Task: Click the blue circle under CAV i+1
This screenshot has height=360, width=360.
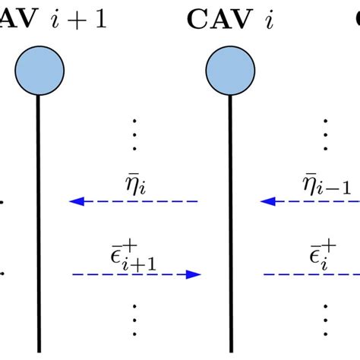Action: pyautogui.click(x=39, y=71)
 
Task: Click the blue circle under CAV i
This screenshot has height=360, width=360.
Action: pyautogui.click(x=229, y=71)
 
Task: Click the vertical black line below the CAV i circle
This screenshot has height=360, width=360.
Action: pyautogui.click(x=229, y=228)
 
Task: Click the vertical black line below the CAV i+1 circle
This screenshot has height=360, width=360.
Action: pyautogui.click(x=39, y=228)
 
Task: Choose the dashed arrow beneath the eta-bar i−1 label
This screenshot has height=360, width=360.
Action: pyautogui.click(x=311, y=202)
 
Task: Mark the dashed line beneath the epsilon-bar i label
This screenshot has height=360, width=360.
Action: pyautogui.click(x=311, y=274)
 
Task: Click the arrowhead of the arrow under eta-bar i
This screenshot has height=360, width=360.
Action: pyautogui.click(x=75, y=202)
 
